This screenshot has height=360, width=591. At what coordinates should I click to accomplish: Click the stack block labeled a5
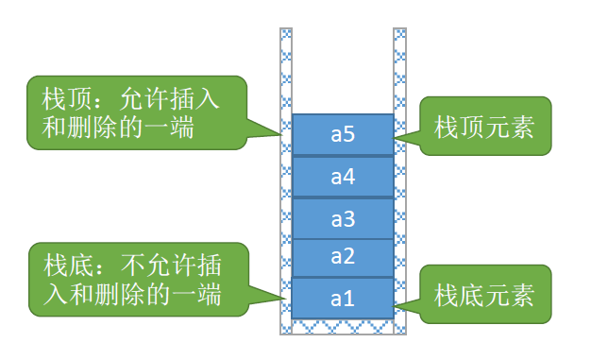(x=342, y=135)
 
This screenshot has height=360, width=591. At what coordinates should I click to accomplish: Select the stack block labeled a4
(x=342, y=177)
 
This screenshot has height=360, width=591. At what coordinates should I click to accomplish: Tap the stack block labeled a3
(x=342, y=218)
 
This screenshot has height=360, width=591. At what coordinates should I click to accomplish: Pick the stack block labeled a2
(x=342, y=258)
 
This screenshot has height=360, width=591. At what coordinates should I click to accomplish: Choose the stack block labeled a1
(x=342, y=298)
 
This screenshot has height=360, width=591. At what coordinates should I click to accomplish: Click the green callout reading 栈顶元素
(x=484, y=127)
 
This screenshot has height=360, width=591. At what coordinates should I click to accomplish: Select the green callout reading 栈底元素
(x=484, y=296)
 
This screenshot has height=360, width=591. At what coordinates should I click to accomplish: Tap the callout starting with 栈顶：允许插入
(x=137, y=112)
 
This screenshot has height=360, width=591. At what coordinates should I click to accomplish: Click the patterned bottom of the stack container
(x=342, y=327)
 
